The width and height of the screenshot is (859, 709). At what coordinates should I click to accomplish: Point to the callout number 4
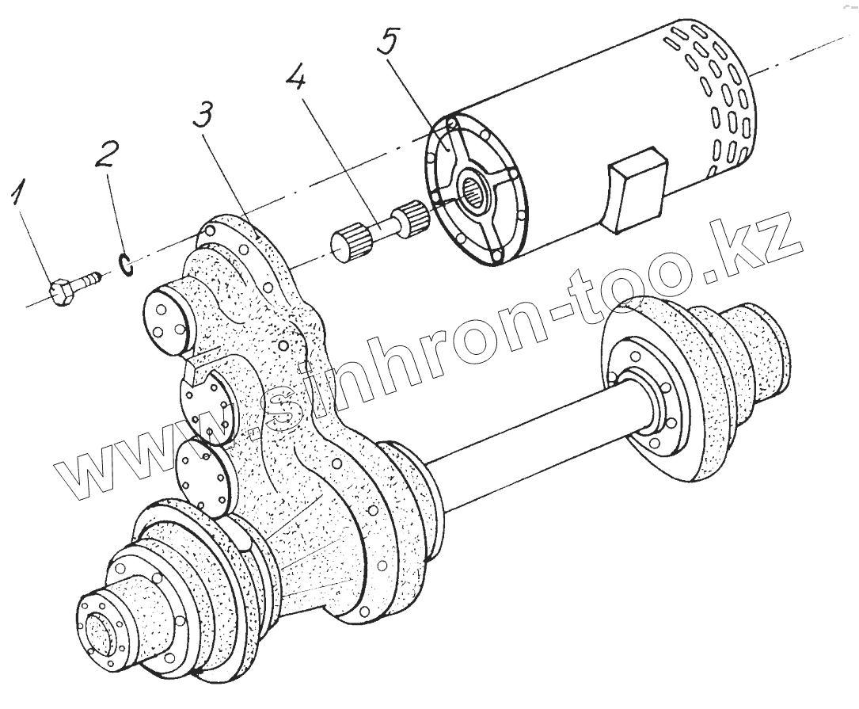(x=298, y=80)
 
